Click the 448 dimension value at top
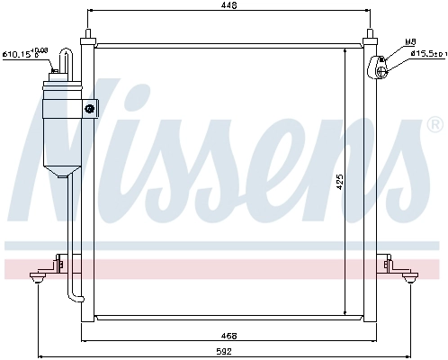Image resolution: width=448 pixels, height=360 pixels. click(231, 6)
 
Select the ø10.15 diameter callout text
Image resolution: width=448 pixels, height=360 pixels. click(24, 55)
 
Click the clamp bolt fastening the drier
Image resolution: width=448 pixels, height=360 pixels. click(89, 109)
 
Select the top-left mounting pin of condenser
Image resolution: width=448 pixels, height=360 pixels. click(87, 38)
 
